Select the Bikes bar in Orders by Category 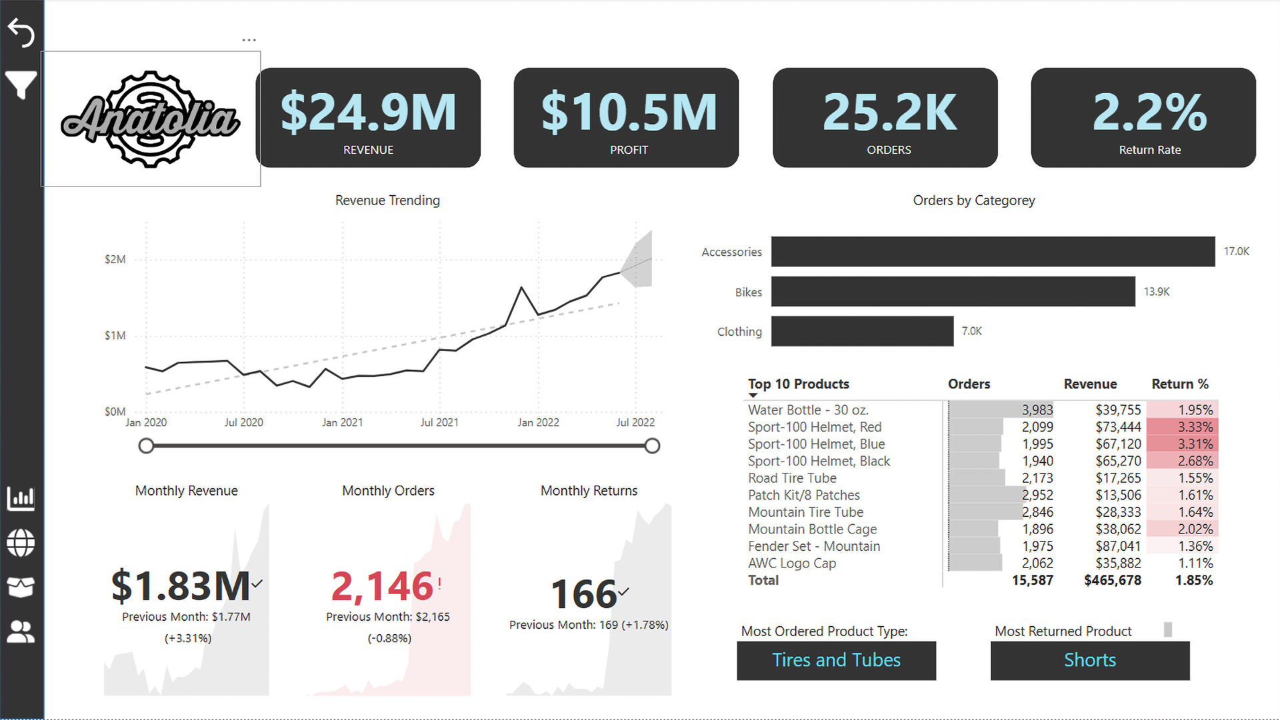tap(953, 292)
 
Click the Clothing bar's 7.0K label tap(971, 331)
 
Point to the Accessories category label tap(731, 252)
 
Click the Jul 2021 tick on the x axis tap(439, 422)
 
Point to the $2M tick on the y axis tap(115, 259)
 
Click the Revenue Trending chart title tap(387, 200)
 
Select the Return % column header tap(1179, 384)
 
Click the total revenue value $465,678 tap(1112, 580)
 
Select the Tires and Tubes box tap(836, 660)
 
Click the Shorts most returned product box tap(1089, 660)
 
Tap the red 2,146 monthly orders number tap(383, 586)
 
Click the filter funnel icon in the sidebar tap(21, 85)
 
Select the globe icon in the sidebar tap(21, 543)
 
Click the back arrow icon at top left tap(21, 33)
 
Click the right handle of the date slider tap(653, 446)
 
